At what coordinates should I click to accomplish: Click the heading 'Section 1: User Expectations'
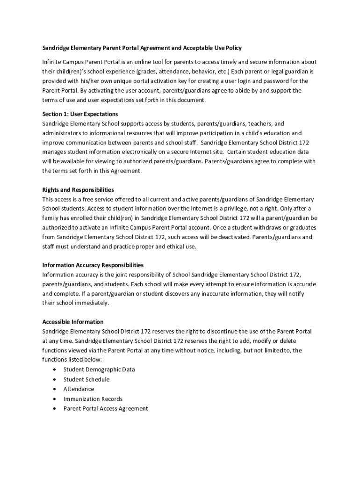[80, 114]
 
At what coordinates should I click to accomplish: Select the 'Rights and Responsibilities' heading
[78, 190]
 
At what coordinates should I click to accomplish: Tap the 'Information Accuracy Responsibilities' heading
[93, 265]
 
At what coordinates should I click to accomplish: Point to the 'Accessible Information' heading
[73, 322]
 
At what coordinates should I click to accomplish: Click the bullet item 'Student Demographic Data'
[99, 370]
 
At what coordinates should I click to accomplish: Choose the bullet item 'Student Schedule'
[86, 379]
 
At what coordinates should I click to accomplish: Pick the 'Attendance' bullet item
[79, 389]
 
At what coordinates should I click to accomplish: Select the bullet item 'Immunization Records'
[93, 399]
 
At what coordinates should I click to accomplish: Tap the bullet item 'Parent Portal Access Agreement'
[106, 409]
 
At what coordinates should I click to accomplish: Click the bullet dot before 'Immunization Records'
[55, 399]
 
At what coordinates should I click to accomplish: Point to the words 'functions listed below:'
[72, 360]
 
